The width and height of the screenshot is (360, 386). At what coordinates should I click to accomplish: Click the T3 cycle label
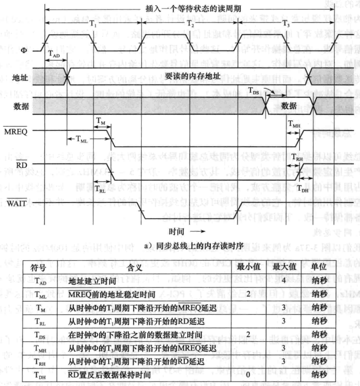click(x=286, y=23)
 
